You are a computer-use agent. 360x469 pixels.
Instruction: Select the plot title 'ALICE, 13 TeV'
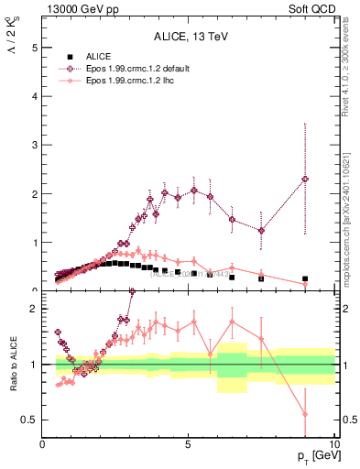(x=190, y=37)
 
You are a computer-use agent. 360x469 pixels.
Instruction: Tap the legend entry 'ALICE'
(x=100, y=57)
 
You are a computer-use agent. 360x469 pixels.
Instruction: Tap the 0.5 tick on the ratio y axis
(x=30, y=420)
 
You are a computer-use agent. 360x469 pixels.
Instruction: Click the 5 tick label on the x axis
(x=188, y=443)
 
